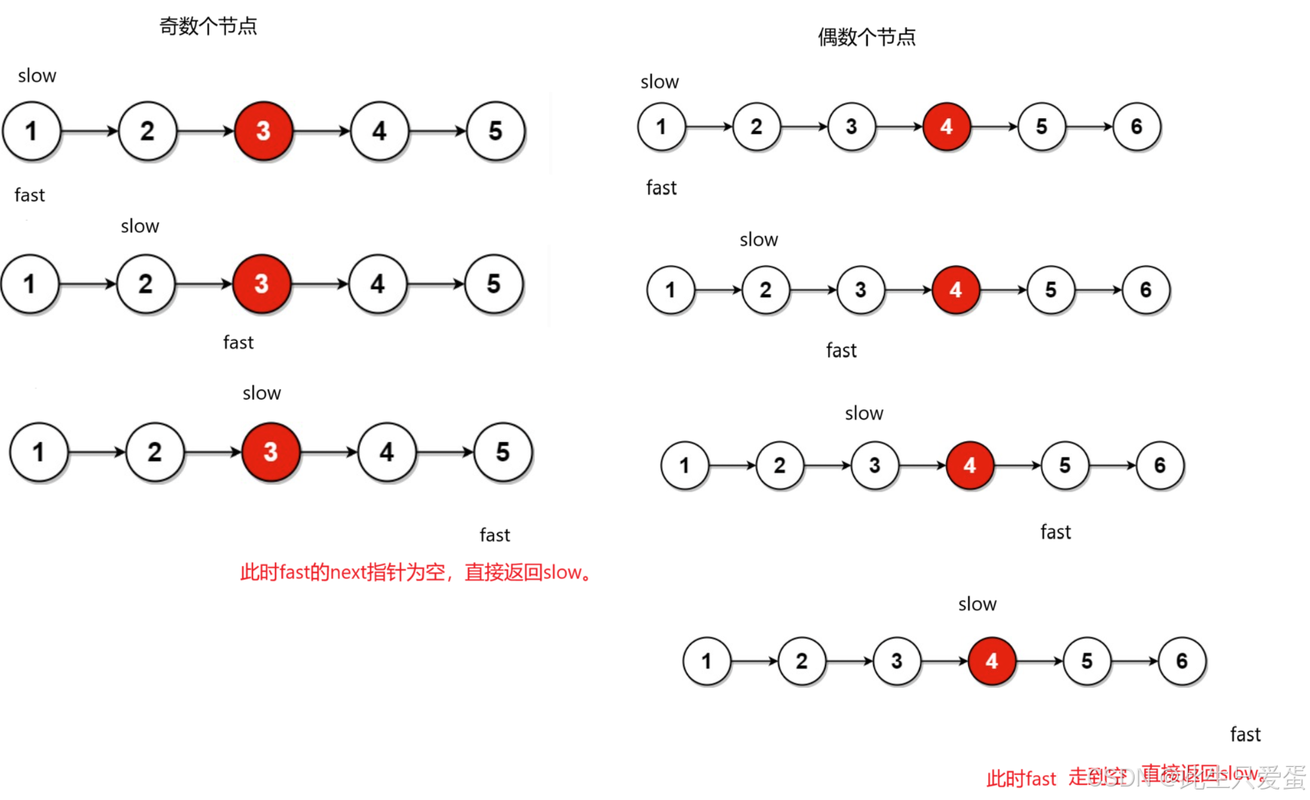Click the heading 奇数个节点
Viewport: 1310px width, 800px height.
pos(208,26)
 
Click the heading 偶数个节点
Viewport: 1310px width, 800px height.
pos(866,37)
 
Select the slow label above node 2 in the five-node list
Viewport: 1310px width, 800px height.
pos(140,226)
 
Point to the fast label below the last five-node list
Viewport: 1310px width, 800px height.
pos(495,535)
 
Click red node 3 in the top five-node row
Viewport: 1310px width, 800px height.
pos(263,131)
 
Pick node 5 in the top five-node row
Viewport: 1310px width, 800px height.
pos(495,131)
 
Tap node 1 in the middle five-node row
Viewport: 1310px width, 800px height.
pos(29,284)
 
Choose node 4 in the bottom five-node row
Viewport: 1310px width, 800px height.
pos(386,452)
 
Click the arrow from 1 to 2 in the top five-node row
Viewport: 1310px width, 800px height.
pos(89,131)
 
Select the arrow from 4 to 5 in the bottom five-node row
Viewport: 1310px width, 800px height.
pos(444,452)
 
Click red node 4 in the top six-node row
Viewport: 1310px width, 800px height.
pos(946,126)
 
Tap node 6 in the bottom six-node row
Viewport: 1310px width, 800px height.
pos(1182,661)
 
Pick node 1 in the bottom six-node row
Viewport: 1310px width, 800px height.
pos(706,661)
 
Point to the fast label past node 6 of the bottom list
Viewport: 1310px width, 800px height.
pos(1245,735)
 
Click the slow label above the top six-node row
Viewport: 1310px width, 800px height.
pos(659,81)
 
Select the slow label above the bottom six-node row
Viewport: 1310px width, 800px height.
pos(977,604)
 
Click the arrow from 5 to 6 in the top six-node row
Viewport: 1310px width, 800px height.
pos(1089,126)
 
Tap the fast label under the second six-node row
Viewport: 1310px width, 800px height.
pos(841,350)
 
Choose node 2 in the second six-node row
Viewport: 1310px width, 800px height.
pos(765,290)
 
